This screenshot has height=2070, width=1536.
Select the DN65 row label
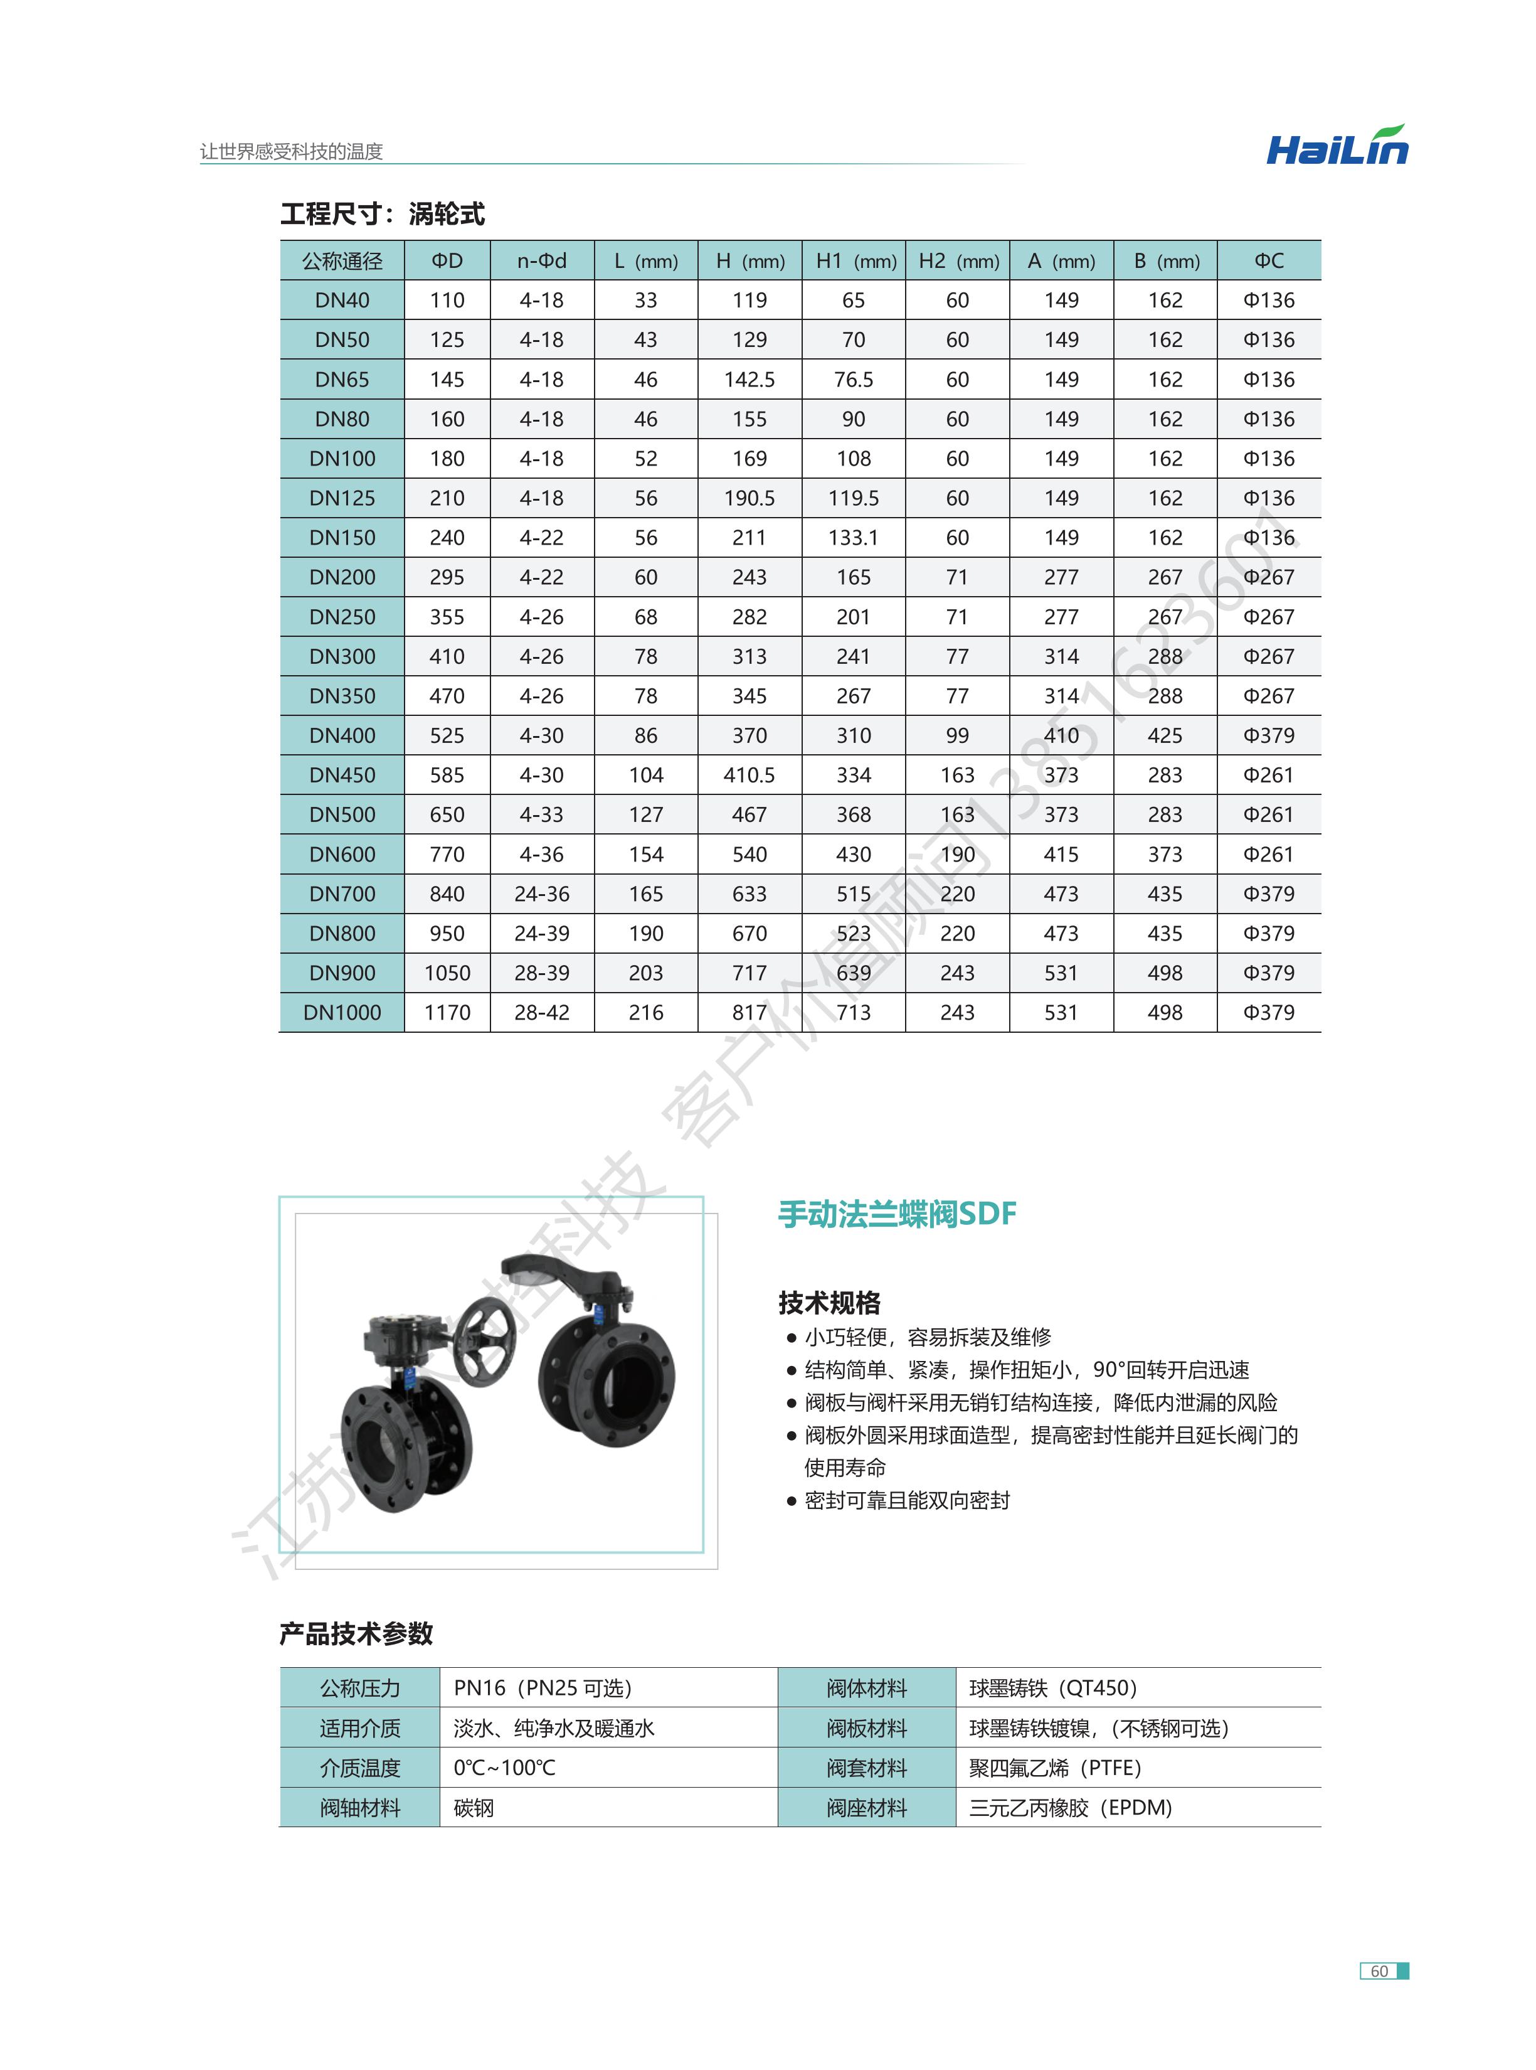point(342,380)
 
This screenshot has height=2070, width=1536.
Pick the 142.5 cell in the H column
point(749,380)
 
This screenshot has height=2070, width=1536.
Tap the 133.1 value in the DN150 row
point(854,538)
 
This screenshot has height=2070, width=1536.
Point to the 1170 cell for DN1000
point(447,1013)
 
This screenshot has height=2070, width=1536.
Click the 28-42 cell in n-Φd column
point(542,1013)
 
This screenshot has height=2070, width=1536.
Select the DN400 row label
point(342,735)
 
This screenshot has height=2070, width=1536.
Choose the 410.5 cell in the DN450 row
point(749,775)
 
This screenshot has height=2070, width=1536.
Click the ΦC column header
point(1269,261)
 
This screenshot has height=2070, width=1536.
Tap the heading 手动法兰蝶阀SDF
point(898,1214)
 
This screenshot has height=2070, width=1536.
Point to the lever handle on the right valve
point(567,1274)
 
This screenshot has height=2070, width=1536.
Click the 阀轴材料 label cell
point(360,1808)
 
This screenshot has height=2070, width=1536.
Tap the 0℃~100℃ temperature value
point(505,1768)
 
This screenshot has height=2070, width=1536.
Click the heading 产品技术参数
point(356,1633)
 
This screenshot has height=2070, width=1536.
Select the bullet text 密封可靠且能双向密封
point(908,1500)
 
